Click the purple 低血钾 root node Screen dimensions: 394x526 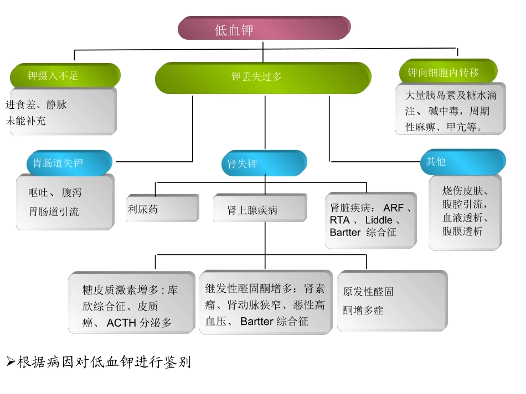[264, 29]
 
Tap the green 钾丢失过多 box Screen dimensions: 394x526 [262, 77]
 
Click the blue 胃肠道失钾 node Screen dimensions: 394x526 [69, 163]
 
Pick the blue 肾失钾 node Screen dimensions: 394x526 [264, 164]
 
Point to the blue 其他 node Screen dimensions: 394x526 [463, 162]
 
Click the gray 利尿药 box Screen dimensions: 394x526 [162, 209]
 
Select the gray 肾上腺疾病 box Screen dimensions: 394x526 [260, 210]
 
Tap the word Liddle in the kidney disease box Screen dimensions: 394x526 [379, 220]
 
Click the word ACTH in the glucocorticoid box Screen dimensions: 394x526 [121, 323]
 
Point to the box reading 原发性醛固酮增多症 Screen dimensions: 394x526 [392, 301]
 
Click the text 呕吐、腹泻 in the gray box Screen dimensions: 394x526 [55, 193]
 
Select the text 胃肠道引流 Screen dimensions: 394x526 [54, 212]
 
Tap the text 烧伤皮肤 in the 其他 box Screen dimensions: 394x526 [464, 191]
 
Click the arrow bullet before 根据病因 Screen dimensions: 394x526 [11, 363]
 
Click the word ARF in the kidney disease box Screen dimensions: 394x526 [393, 208]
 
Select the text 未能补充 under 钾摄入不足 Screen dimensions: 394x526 [26, 120]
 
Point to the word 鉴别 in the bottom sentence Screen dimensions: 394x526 [178, 363]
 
